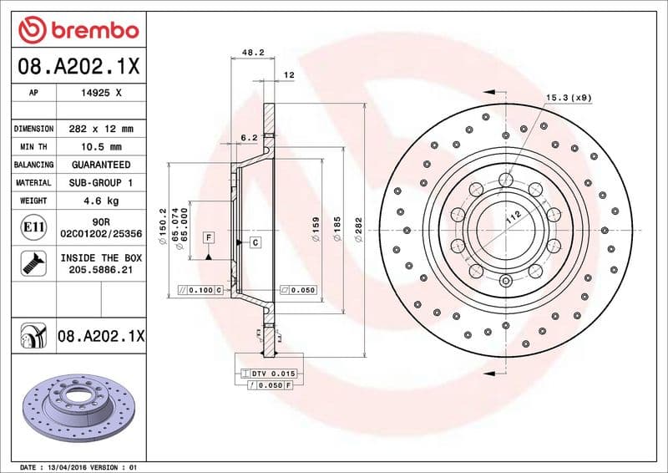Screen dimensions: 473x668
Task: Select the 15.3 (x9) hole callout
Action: tap(569, 98)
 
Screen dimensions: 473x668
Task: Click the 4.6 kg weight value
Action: tap(100, 201)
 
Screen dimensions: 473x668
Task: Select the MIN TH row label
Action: tap(33, 147)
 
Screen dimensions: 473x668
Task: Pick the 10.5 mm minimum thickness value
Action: tap(100, 147)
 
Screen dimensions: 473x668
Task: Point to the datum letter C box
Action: tap(255, 242)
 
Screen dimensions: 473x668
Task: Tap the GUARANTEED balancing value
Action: tap(100, 165)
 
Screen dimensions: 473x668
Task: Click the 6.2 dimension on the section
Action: tap(248, 137)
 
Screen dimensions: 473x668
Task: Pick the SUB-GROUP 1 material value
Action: tap(100, 182)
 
